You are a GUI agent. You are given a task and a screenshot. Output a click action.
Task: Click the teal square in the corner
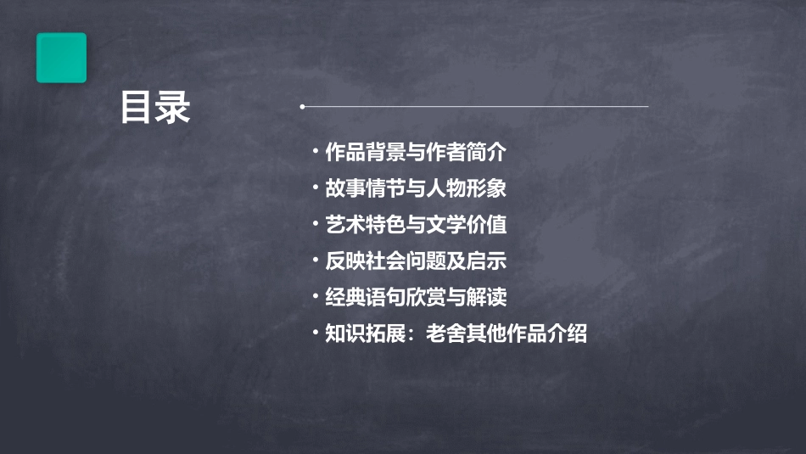(x=61, y=58)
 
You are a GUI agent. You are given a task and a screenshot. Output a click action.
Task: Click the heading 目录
(x=155, y=108)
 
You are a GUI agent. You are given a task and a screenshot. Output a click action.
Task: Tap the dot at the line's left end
(x=303, y=107)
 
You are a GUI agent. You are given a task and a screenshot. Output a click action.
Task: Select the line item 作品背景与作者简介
(x=416, y=153)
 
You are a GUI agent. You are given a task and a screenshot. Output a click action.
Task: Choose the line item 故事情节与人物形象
(x=416, y=188)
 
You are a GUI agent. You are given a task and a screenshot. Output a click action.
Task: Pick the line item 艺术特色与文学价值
(x=416, y=225)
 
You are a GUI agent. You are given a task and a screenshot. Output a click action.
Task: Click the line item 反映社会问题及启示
(x=416, y=261)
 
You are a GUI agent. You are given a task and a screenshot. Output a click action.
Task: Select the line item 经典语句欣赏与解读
(x=416, y=298)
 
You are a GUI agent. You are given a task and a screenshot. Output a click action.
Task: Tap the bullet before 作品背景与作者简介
(x=316, y=153)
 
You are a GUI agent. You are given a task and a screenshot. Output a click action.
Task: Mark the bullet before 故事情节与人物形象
(x=316, y=188)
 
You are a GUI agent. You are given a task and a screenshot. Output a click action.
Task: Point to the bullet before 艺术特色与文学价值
(x=316, y=225)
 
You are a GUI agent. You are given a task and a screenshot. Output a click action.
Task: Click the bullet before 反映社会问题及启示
(x=316, y=261)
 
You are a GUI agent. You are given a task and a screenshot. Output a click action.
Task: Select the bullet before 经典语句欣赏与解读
(x=316, y=298)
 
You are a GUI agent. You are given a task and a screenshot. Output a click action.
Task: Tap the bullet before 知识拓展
(x=316, y=333)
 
